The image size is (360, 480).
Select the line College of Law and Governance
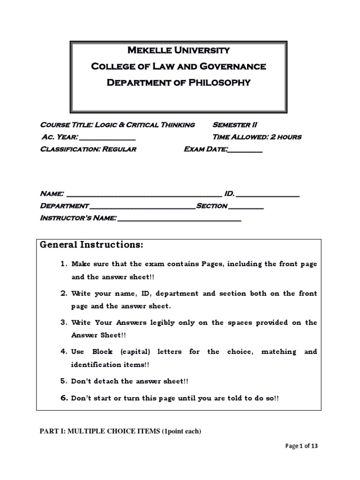pos(178,67)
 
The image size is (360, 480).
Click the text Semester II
pos(235,125)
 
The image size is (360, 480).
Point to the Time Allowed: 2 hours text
pos(257,137)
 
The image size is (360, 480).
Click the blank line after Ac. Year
pos(108,138)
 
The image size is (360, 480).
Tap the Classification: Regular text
pos(88,150)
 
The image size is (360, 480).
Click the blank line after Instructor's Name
pos(179,219)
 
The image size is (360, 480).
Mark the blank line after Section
pos(247,207)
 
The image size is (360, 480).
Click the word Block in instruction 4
pos(103,352)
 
